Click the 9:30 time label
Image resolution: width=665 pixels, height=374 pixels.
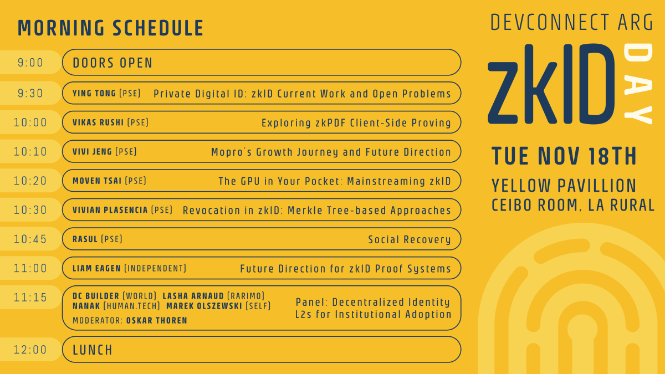pyautogui.click(x=30, y=94)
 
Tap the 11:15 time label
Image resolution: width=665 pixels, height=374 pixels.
pyautogui.click(x=30, y=298)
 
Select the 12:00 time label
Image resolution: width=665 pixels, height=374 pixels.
pyautogui.click(x=30, y=350)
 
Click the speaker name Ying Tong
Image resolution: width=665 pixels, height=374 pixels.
pyautogui.click(x=94, y=94)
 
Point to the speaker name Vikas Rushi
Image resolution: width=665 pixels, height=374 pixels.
pyautogui.click(x=98, y=122)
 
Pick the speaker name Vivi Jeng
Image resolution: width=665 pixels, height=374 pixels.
pyautogui.click(x=92, y=152)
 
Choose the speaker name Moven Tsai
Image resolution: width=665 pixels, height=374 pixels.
pyautogui.click(x=97, y=181)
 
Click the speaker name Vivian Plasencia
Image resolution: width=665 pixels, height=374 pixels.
pyautogui.click(x=110, y=210)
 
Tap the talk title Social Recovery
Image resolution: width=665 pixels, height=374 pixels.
pyautogui.click(x=410, y=239)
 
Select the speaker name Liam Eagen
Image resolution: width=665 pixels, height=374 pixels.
pyautogui.click(x=96, y=268)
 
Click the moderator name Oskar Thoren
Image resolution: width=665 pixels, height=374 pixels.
pyautogui.click(x=157, y=320)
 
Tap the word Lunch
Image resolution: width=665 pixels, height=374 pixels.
pyautogui.click(x=93, y=350)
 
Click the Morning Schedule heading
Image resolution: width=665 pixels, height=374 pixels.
pyautogui.click(x=111, y=28)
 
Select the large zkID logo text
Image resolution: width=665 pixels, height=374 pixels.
pyautogui.click(x=551, y=84)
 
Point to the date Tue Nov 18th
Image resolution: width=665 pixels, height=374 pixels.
pyautogui.click(x=564, y=157)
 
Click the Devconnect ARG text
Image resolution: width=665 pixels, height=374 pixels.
pyautogui.click(x=572, y=22)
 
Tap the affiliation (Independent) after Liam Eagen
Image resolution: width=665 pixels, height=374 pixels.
pyautogui.click(x=155, y=268)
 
